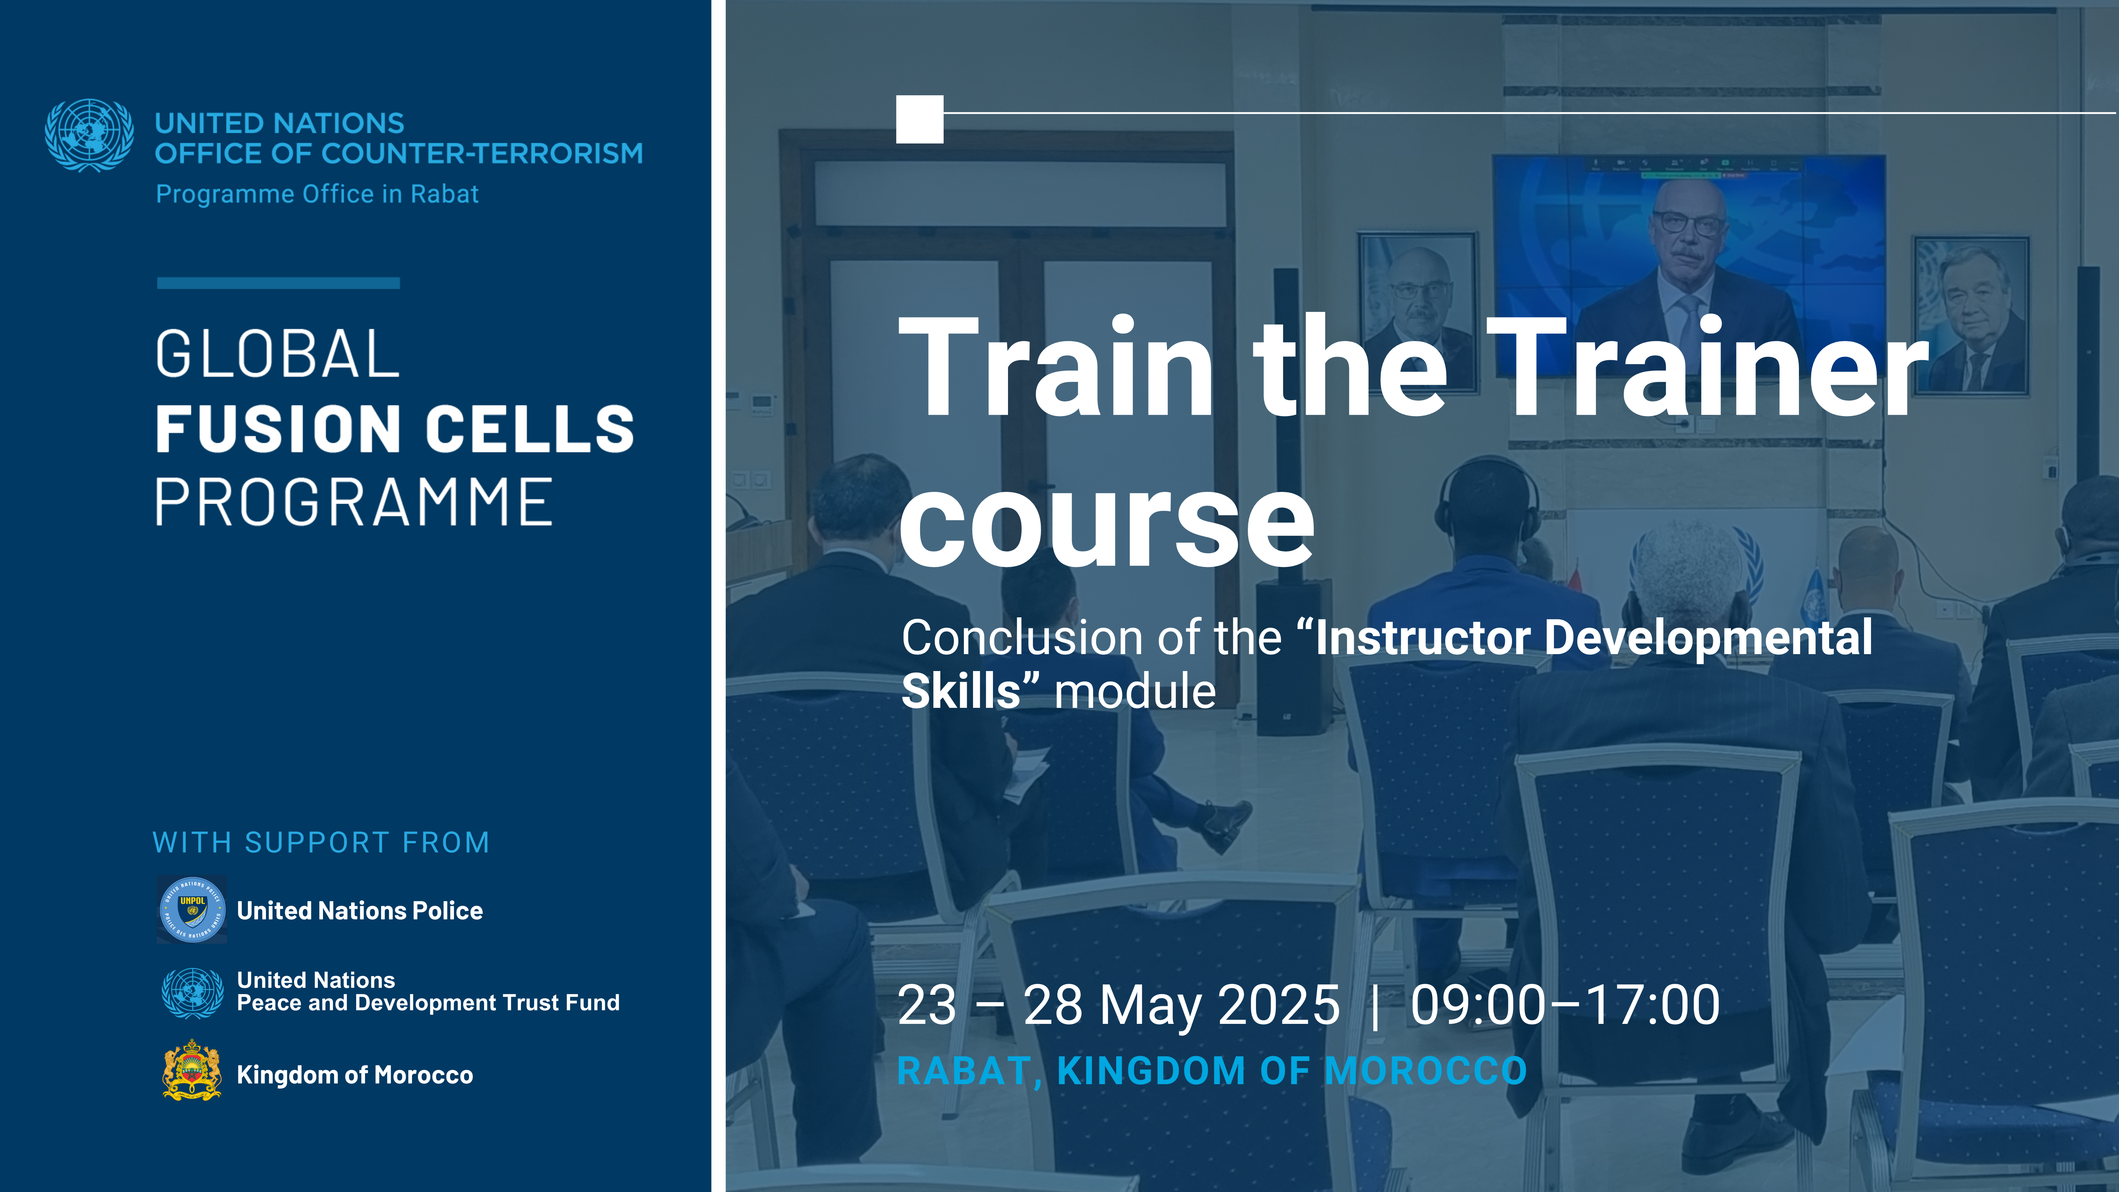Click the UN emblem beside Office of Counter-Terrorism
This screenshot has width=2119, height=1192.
point(89,136)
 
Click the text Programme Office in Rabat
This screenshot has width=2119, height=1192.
point(317,194)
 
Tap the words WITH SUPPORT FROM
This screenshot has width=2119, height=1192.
point(321,842)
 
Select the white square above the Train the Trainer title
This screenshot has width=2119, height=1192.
point(920,119)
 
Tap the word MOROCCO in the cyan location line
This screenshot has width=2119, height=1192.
point(1426,1070)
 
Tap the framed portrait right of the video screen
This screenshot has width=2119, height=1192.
point(1971,315)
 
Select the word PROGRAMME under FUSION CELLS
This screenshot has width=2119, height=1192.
point(354,503)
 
